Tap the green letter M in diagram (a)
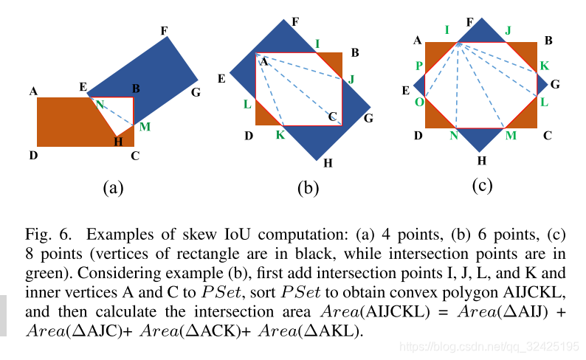point(145,127)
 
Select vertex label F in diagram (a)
point(164,30)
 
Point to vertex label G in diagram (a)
point(195,92)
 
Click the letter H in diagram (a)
point(118,142)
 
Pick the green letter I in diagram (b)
point(317,44)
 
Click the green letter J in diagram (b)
point(351,79)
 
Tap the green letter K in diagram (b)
point(280,134)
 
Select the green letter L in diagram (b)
point(247,105)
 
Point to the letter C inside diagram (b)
point(332,116)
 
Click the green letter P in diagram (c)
point(418,66)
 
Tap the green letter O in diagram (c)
point(418,102)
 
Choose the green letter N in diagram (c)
point(454,135)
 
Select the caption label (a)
point(112,187)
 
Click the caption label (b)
point(308,188)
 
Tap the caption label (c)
point(481,185)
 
